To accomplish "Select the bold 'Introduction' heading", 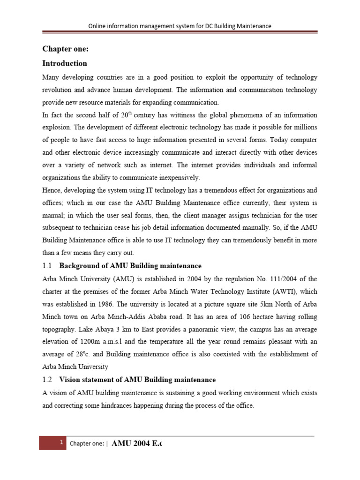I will click(x=65, y=63).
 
